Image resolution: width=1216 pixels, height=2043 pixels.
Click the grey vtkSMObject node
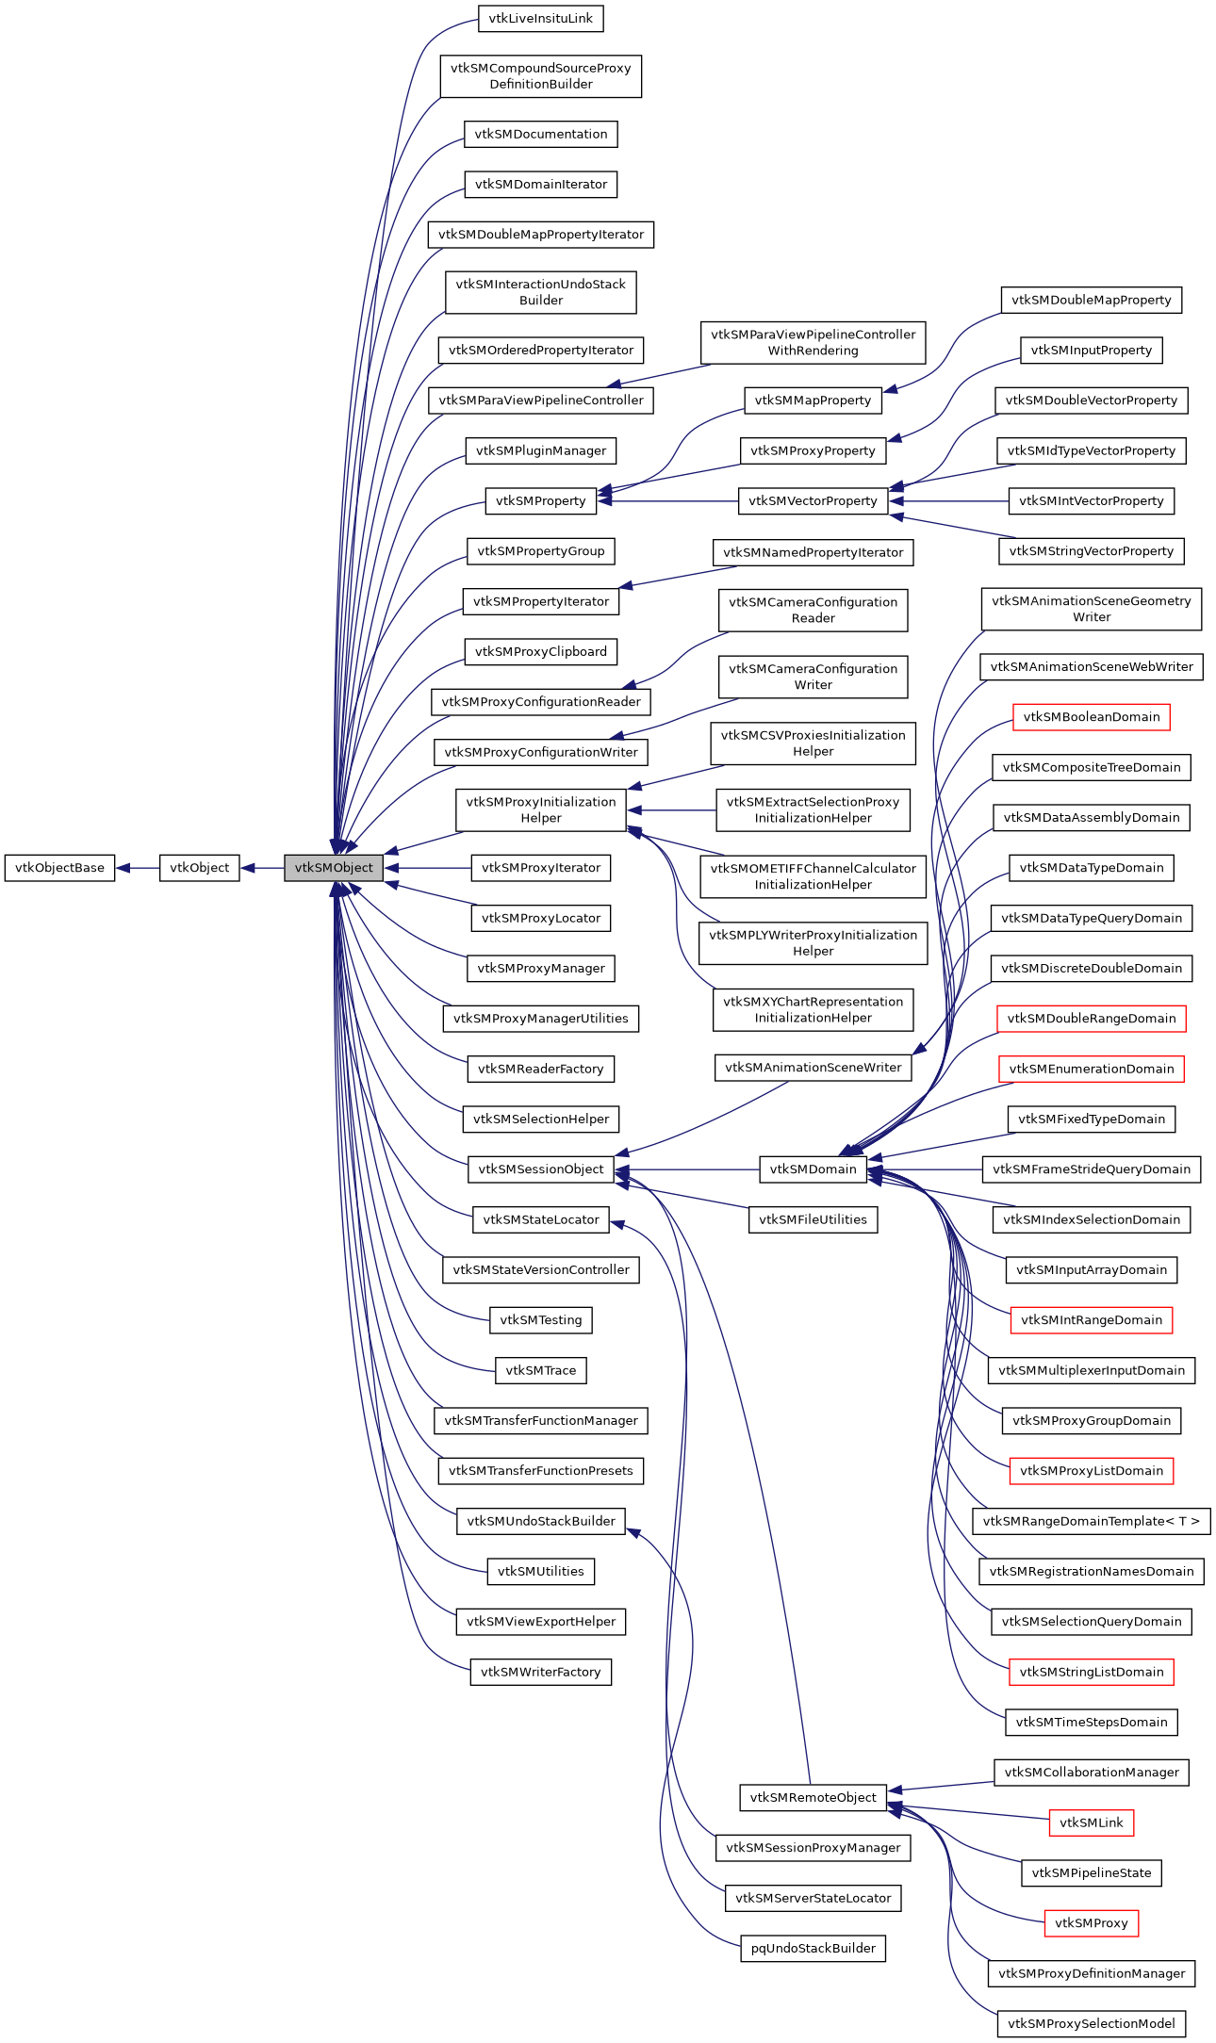pyautogui.click(x=334, y=868)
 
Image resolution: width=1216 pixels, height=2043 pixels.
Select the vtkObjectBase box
pyautogui.click(x=59, y=868)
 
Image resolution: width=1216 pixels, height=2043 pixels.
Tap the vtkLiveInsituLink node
pyautogui.click(x=540, y=19)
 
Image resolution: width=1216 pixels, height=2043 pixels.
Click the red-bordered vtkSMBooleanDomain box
pyautogui.click(x=1091, y=717)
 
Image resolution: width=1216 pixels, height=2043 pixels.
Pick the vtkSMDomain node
pyautogui.click(x=813, y=1169)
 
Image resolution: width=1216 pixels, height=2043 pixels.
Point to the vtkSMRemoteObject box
pyautogui.click(x=813, y=1797)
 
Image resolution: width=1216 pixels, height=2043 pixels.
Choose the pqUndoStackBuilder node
pyautogui.click(x=813, y=1948)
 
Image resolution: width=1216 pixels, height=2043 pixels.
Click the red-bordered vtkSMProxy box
pyautogui.click(x=1091, y=1923)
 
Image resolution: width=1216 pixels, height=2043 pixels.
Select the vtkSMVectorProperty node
pyautogui.click(x=813, y=501)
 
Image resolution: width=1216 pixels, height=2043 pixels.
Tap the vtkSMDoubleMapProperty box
pyautogui.click(x=1091, y=301)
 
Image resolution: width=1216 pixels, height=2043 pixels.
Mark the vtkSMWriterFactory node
pyautogui.click(x=540, y=1672)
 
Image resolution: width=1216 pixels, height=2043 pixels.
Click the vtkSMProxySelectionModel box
pyautogui.click(x=1091, y=2023)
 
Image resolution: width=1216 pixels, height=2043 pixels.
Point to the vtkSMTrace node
pyautogui.click(x=540, y=1370)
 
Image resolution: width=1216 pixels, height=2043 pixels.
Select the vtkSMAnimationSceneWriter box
pyautogui.click(x=813, y=1068)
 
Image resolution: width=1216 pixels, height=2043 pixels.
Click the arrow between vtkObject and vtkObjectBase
pyautogui.click(x=138, y=868)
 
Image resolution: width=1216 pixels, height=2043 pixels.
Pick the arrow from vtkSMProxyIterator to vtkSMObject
pyautogui.click(x=429, y=868)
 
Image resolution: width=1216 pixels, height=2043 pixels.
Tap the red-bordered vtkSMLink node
pyautogui.click(x=1091, y=1822)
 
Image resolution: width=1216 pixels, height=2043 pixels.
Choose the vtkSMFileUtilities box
pyautogui.click(x=813, y=1219)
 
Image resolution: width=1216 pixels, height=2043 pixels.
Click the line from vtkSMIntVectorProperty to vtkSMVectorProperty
pyautogui.click(x=948, y=501)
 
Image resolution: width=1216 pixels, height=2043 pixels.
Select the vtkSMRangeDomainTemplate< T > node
pyautogui.click(x=1091, y=1521)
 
